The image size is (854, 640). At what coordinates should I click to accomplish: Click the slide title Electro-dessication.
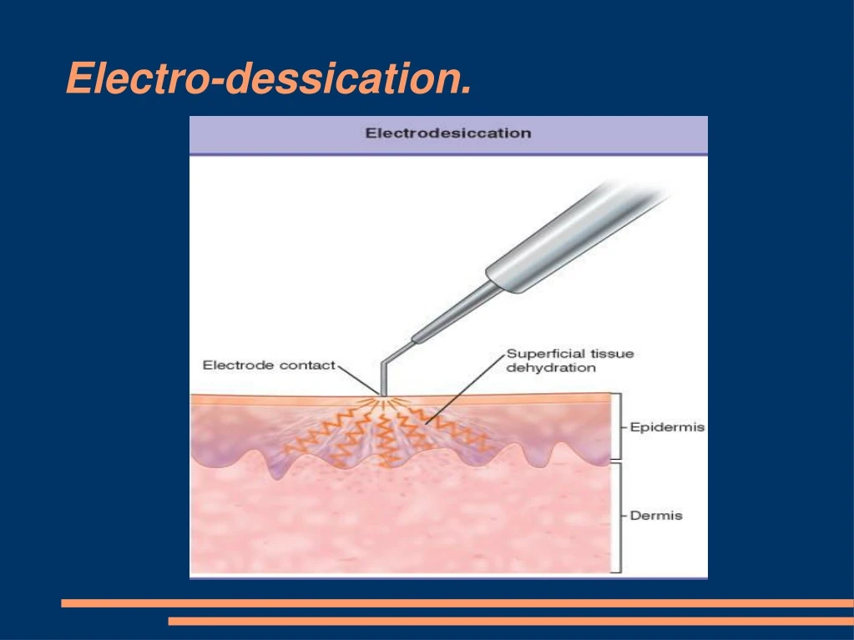pyautogui.click(x=268, y=78)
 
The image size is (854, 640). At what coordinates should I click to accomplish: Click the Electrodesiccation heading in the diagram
pyautogui.click(x=448, y=133)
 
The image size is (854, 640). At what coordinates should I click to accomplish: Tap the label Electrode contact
pyautogui.click(x=269, y=365)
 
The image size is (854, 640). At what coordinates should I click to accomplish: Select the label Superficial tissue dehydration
pyautogui.click(x=569, y=360)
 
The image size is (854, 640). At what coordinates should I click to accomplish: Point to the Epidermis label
pyautogui.click(x=667, y=427)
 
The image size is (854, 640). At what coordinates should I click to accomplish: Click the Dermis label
pyautogui.click(x=655, y=516)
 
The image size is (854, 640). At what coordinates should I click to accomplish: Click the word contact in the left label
pyautogui.click(x=310, y=365)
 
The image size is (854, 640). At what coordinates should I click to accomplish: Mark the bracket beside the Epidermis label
pyautogui.click(x=619, y=426)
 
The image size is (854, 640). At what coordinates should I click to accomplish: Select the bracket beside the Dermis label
pyautogui.click(x=619, y=517)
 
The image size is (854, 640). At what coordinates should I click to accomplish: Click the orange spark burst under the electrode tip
pyautogui.click(x=383, y=405)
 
